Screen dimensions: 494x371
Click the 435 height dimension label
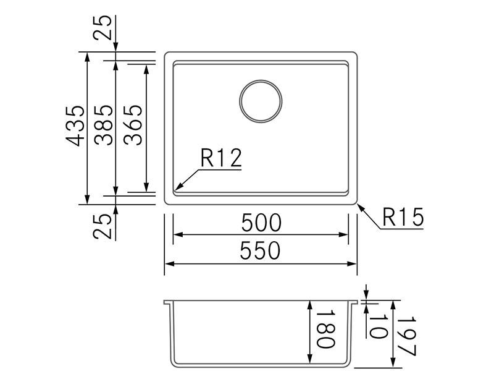point(75,126)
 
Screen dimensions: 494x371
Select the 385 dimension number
point(104,125)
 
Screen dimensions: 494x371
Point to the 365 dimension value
point(133,125)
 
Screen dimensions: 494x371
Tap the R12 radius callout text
point(221,158)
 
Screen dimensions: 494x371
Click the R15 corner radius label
point(403,217)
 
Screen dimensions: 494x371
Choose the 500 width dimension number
point(261,223)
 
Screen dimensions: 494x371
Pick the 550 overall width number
point(260,250)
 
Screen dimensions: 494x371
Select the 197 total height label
point(406,336)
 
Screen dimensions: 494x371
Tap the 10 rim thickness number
point(377,326)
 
